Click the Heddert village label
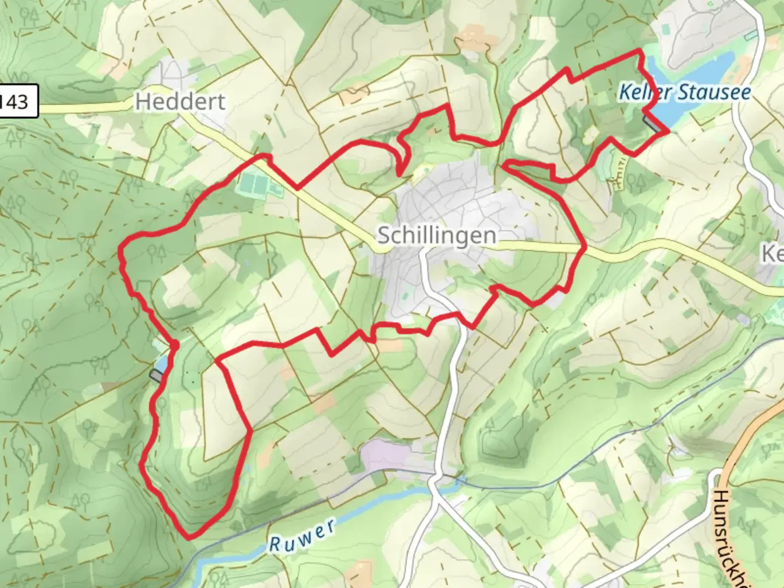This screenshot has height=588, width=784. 180,102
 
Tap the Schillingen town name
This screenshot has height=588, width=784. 437,236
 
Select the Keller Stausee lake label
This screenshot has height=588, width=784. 684,92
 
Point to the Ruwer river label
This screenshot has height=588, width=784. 302,535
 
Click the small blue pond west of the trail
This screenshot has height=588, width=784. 161,363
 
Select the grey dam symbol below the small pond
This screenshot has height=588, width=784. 157,376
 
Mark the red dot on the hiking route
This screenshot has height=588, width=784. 174,345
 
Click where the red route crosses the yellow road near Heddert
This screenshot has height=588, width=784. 297,188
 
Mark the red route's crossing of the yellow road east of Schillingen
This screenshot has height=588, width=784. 584,248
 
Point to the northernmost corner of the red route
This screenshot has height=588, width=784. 639,51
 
